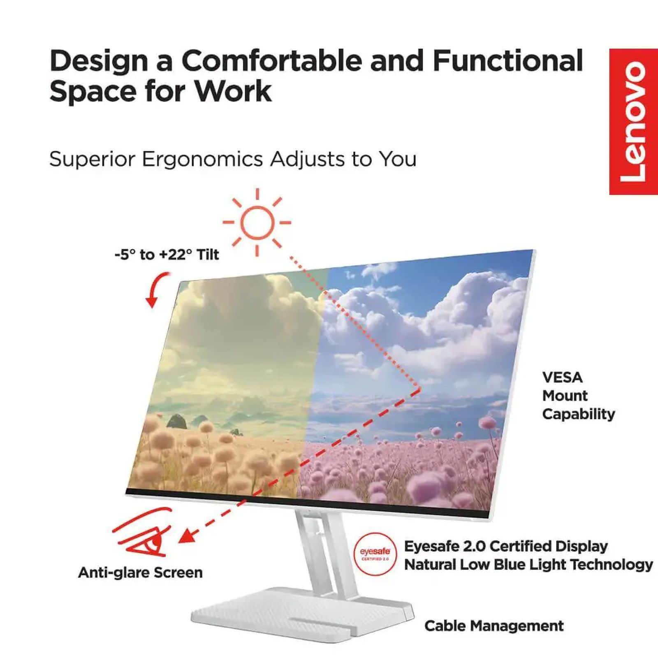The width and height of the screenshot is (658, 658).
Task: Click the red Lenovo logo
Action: pos(633,122)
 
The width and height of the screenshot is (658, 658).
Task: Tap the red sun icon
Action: pos(257,222)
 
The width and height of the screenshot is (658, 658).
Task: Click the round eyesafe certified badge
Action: pos(375,554)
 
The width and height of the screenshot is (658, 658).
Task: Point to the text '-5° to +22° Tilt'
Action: pos(167,255)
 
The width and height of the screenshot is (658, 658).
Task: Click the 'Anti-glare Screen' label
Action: pos(140,572)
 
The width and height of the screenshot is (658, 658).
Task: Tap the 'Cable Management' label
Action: pos(494,626)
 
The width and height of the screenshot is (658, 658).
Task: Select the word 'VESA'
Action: pos(562,378)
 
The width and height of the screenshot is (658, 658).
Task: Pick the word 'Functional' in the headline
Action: pos(507,61)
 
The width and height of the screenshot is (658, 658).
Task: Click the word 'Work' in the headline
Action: pos(233,91)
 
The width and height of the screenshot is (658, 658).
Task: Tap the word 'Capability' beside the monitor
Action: pos(578,414)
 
